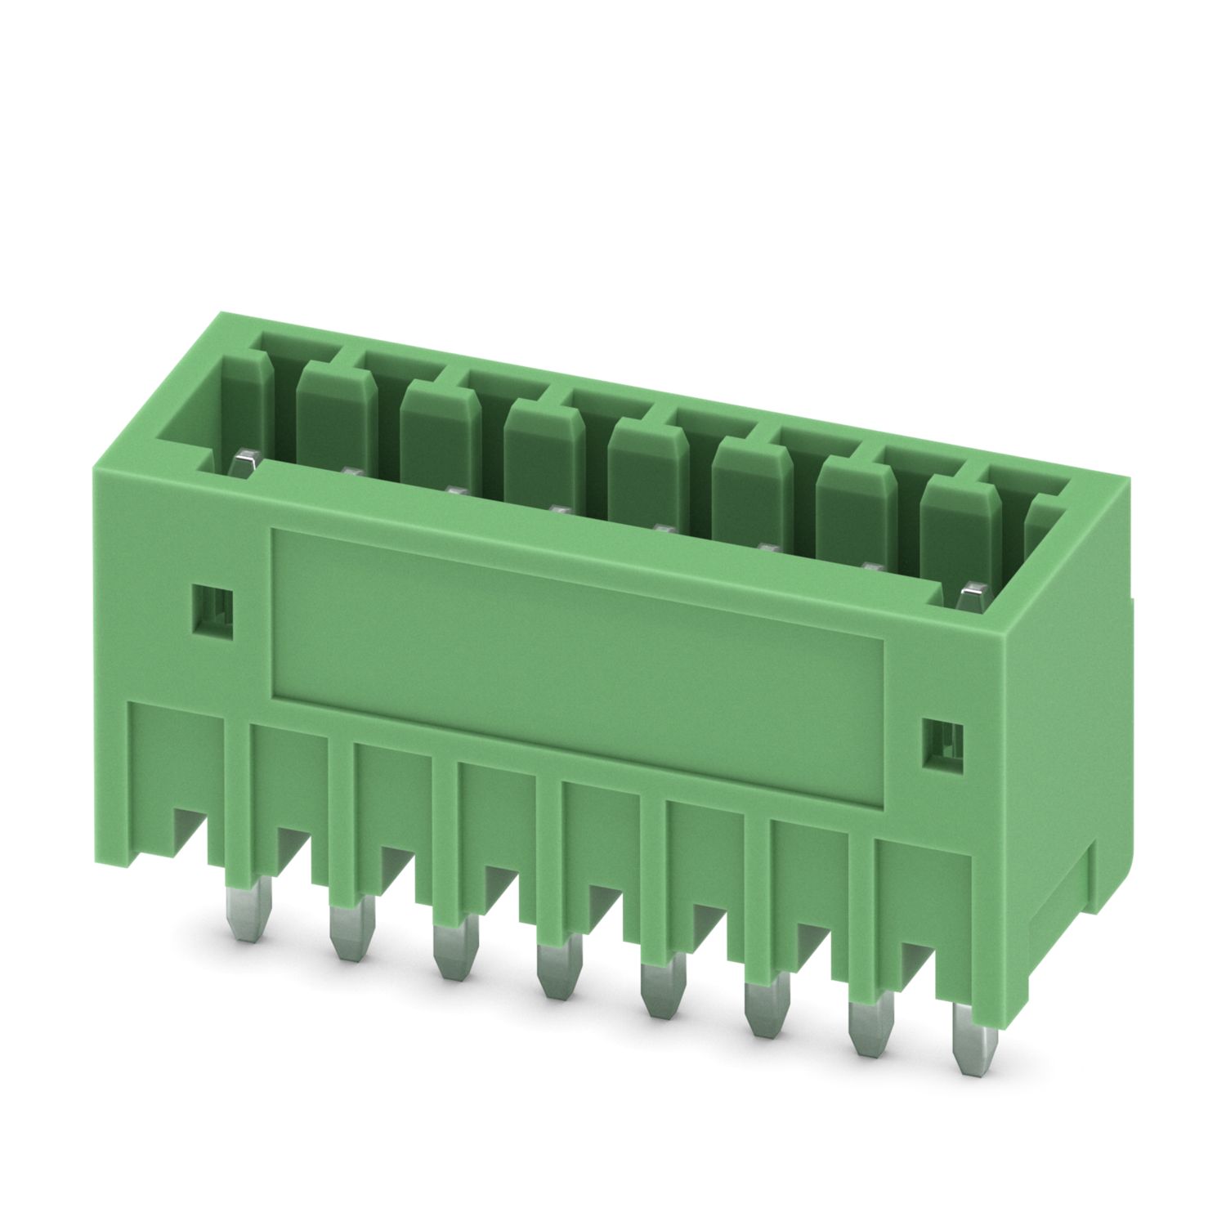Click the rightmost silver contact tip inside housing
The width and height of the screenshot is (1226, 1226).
[972, 595]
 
